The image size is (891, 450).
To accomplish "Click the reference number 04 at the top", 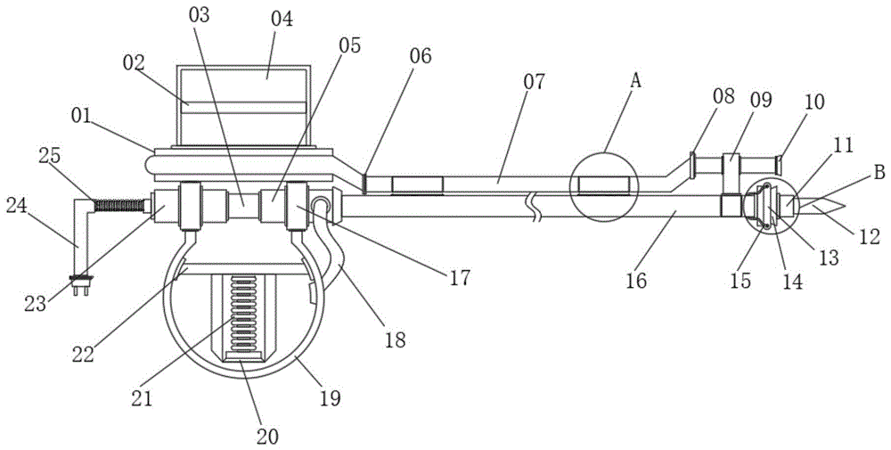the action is (282, 20).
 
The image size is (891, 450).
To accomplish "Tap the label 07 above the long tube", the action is (534, 82).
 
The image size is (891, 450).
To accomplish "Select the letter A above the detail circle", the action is (636, 81).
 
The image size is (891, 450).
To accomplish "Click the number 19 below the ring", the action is (330, 398).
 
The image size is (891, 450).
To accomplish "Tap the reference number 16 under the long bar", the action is (636, 280).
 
